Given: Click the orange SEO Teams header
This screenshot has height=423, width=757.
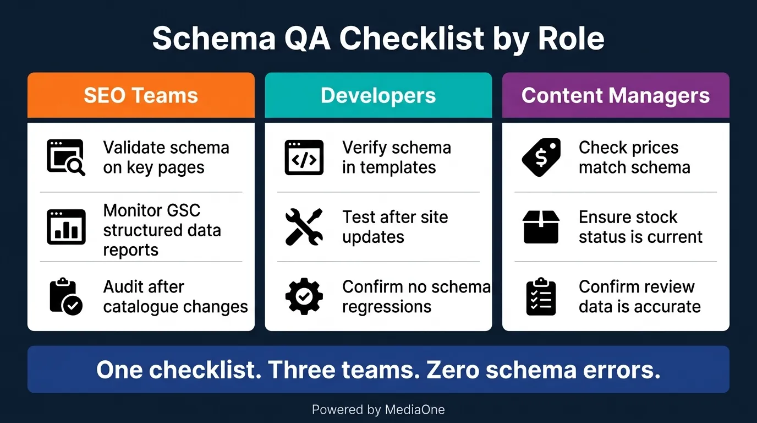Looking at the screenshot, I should coord(141,95).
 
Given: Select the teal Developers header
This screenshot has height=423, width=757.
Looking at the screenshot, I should coord(378,95).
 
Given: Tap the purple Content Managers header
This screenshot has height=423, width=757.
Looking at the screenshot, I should coord(616,95).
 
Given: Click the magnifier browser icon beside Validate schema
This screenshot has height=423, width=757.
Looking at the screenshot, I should coord(66,158).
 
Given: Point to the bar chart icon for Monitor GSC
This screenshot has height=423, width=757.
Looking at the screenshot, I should coord(66,226).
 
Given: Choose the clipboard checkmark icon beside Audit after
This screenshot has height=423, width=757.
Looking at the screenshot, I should coord(66,297).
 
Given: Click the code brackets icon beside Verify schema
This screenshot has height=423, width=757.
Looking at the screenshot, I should coord(304,158).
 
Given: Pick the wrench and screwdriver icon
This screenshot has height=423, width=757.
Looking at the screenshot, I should coord(304,226).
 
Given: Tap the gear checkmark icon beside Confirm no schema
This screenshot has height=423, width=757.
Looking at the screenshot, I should coord(304,297).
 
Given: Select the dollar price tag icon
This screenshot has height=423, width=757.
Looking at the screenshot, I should coord(541,158).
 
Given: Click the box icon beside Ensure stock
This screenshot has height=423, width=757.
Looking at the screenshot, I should coord(541,226).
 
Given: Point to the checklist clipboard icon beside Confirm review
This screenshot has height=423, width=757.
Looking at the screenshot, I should coord(541,297).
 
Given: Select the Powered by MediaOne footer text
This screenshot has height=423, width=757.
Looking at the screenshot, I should coord(378,410).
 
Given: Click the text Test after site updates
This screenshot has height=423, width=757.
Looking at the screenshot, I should coord(395,227).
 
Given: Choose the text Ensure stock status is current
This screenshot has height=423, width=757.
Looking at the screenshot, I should coord(640,227).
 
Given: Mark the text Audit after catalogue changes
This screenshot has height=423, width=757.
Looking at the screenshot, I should coord(175,297).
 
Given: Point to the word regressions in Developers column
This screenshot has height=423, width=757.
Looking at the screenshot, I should coord(387,307).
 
